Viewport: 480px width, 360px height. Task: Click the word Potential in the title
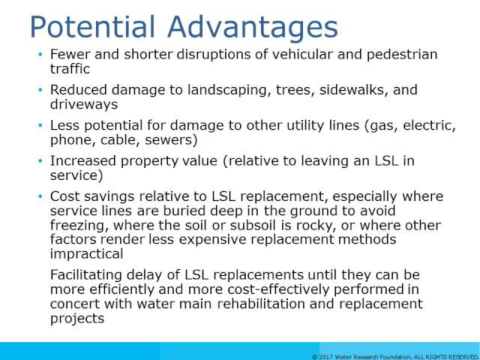tap(92, 28)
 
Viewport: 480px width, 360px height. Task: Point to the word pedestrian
tap(402, 55)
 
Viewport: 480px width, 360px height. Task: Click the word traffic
tap(70, 68)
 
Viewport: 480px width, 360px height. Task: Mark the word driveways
tap(84, 105)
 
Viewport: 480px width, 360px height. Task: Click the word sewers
tap(171, 140)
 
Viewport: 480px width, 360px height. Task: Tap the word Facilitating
tap(86, 275)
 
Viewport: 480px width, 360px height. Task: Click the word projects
tap(77, 319)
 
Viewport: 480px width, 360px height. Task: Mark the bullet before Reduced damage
tap(40, 90)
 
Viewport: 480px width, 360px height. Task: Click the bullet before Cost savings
tap(40, 196)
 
